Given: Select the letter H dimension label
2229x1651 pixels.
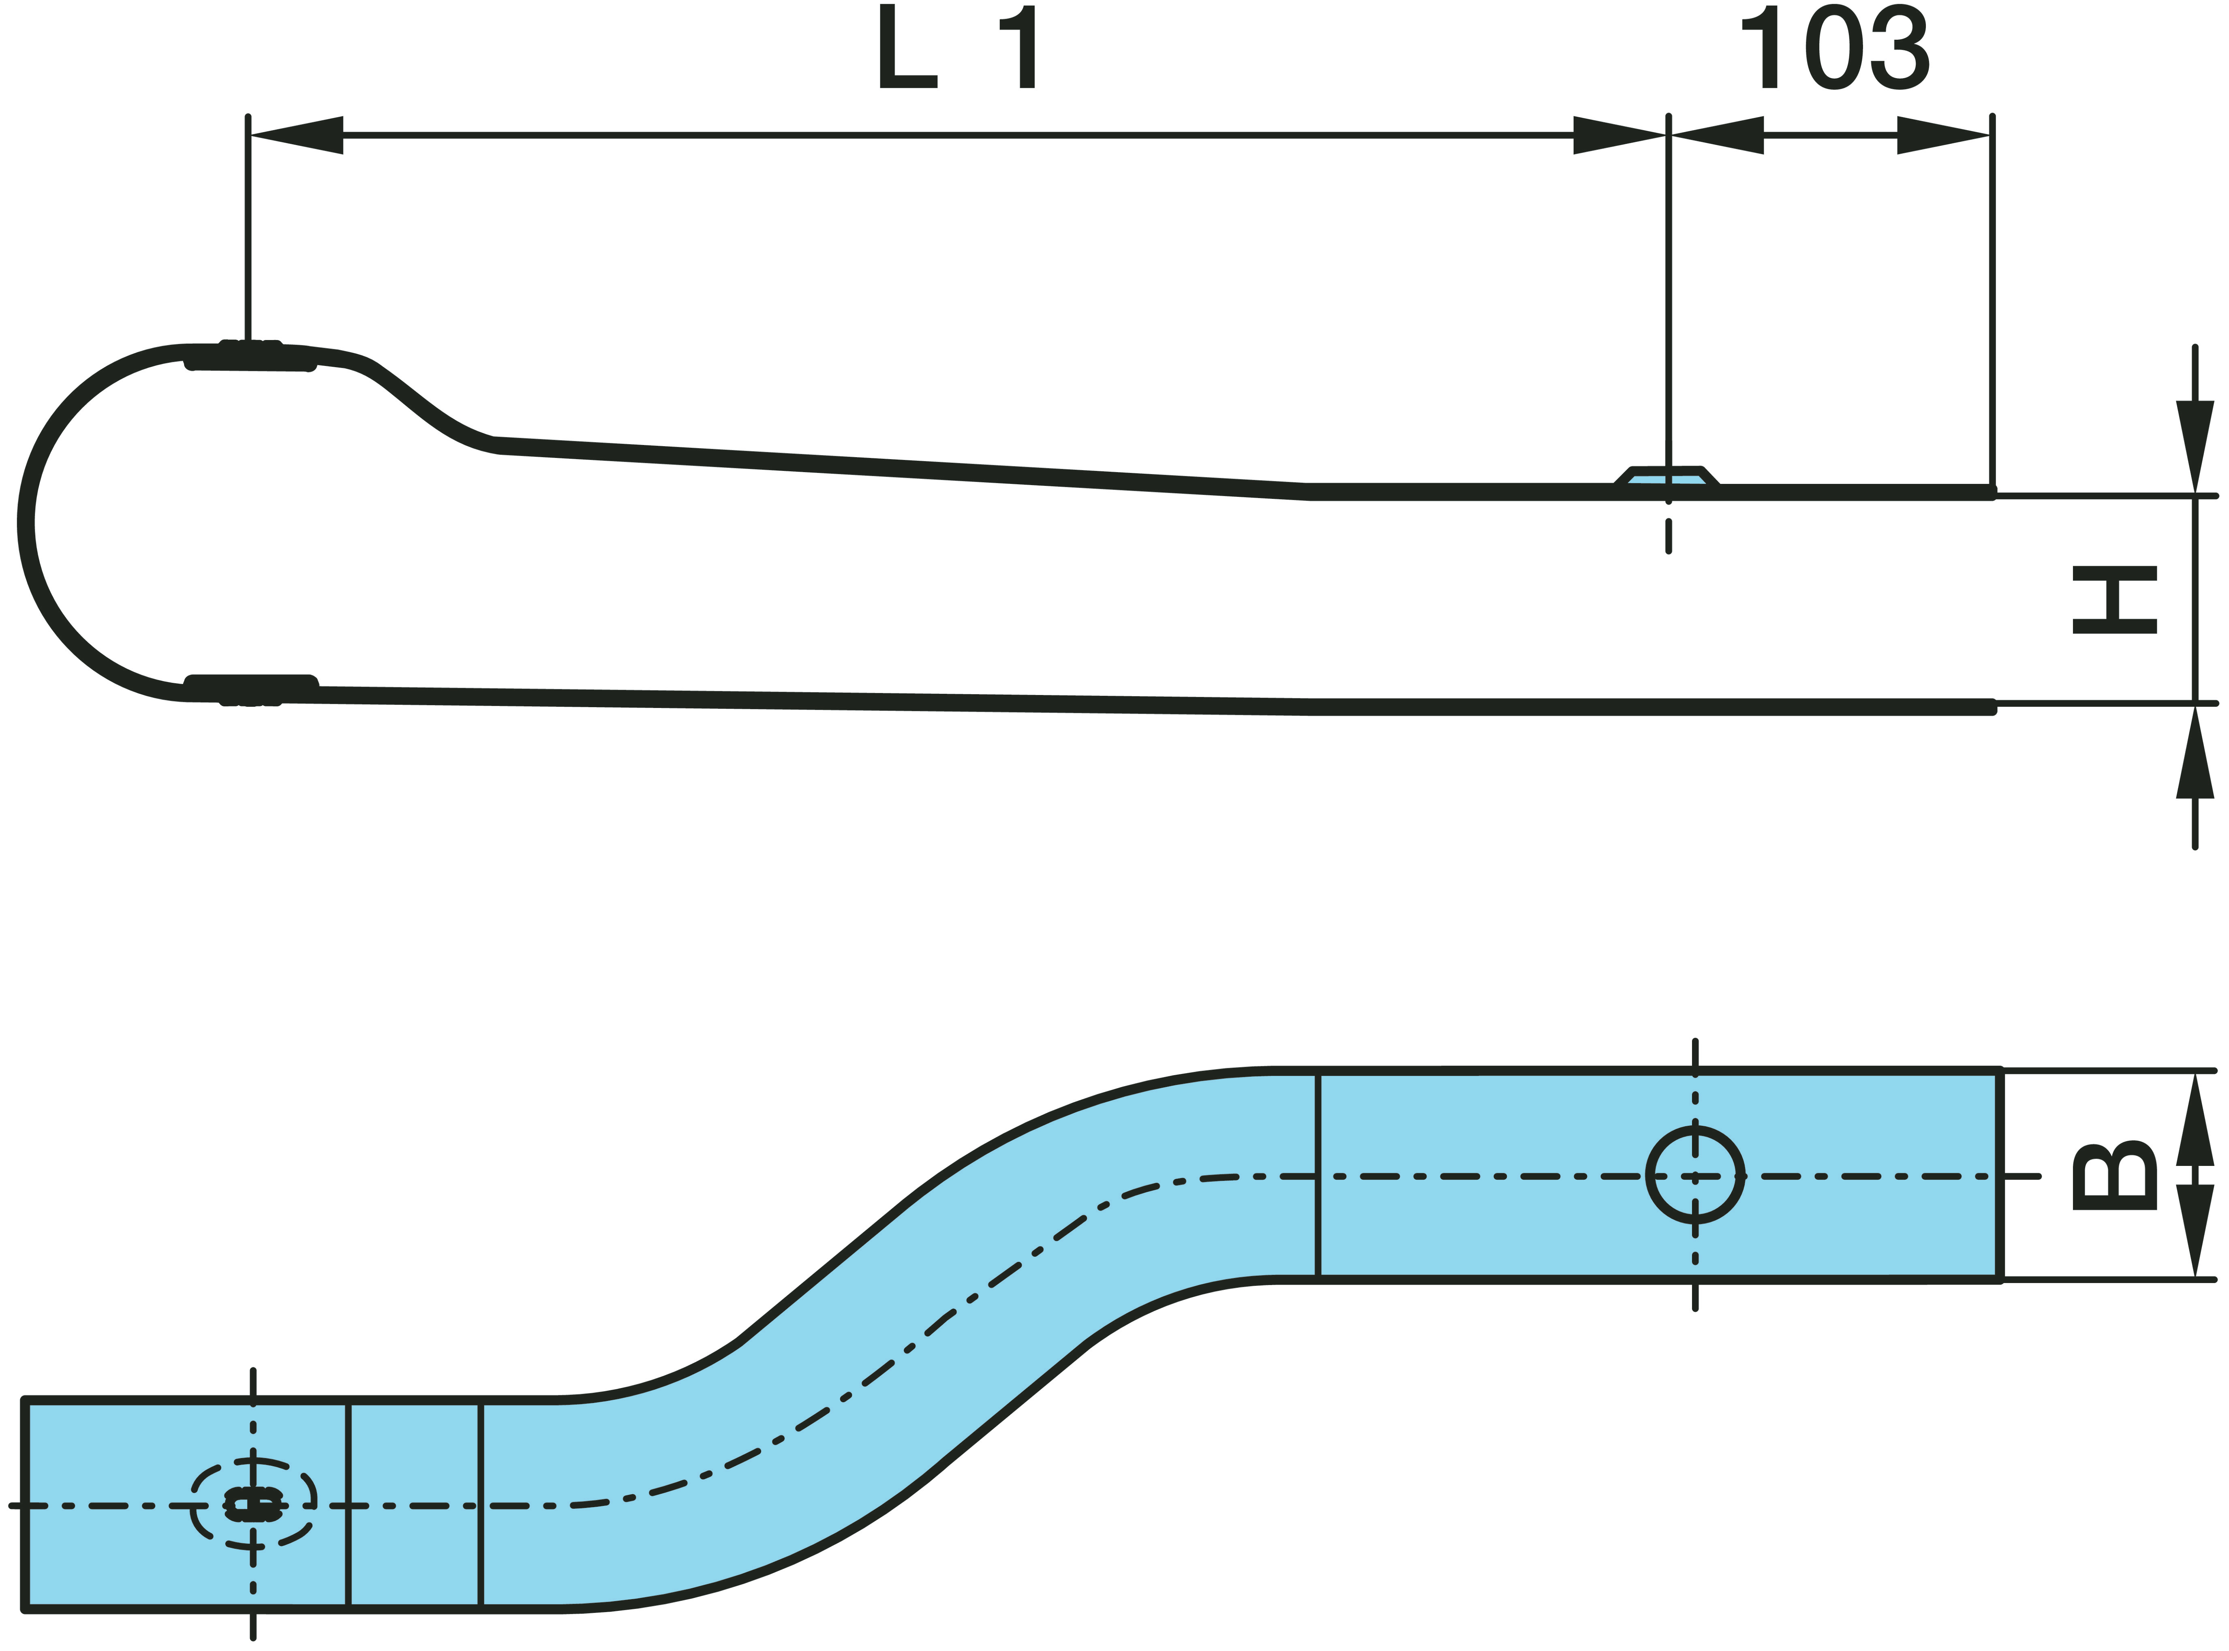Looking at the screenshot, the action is click(2114, 600).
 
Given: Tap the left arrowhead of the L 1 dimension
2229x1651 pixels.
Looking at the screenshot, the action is click(296, 135).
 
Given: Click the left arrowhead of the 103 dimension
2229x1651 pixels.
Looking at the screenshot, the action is click(1716, 135).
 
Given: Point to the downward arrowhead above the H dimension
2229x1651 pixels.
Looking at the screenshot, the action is click(2195, 447).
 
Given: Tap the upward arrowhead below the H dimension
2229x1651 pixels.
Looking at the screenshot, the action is click(2195, 752).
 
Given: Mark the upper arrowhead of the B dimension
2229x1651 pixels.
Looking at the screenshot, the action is click(2195, 1119).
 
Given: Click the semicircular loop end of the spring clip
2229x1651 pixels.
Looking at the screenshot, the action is click(100, 523).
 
